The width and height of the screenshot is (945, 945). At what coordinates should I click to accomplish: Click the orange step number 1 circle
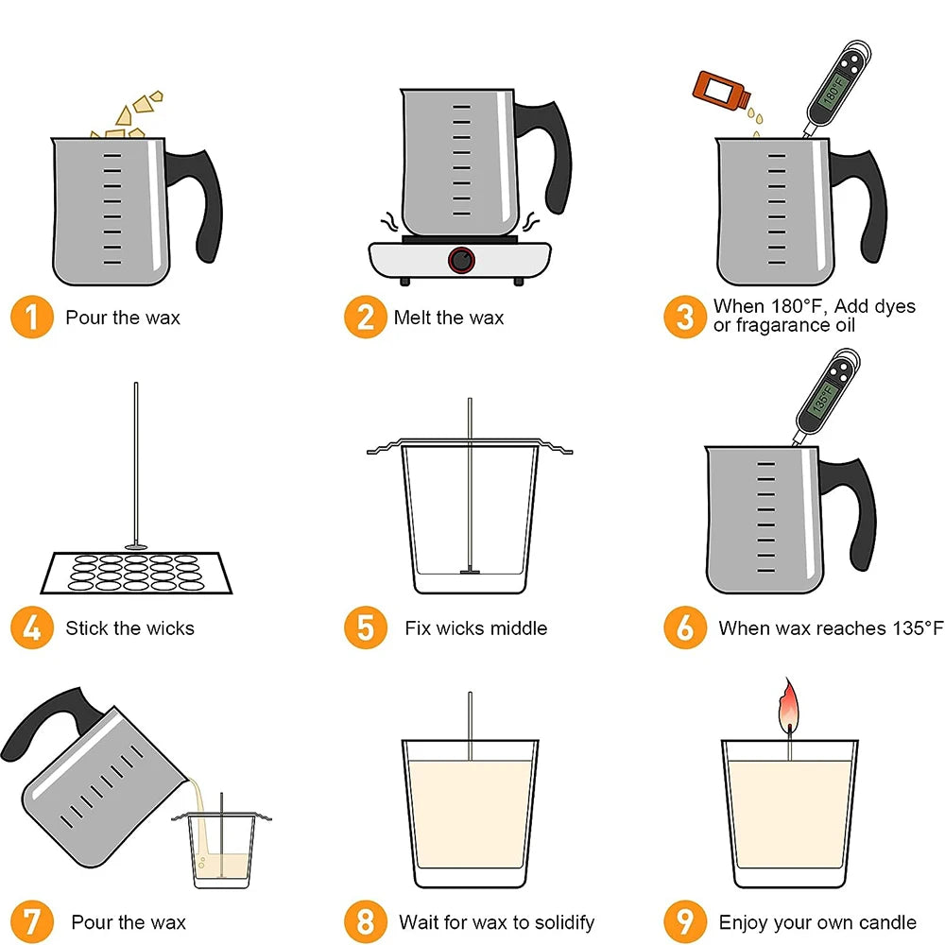(32, 318)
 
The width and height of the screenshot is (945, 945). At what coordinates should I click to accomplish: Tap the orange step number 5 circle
(365, 627)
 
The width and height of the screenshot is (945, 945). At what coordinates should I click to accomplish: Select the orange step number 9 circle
(685, 921)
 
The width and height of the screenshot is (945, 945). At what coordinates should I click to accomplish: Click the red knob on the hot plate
(462, 259)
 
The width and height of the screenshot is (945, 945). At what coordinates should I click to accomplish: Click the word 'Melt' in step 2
(413, 318)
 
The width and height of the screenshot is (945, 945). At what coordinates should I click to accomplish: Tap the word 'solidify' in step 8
(558, 921)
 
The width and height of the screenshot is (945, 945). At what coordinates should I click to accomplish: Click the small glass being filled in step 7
(221, 850)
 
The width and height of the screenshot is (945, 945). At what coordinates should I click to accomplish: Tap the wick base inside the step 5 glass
(470, 571)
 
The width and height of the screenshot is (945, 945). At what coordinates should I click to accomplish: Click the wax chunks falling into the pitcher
(132, 113)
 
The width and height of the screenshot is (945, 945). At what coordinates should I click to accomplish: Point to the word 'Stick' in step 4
(88, 627)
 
